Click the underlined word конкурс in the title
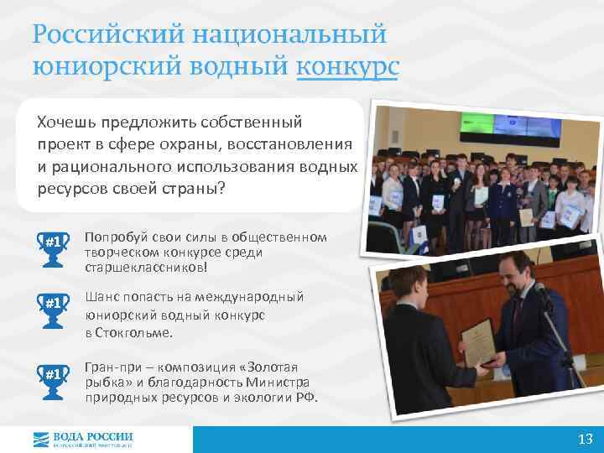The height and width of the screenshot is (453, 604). point(348,66)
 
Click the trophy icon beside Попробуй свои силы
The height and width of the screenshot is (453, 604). point(54,242)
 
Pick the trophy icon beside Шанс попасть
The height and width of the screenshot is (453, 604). point(54,303)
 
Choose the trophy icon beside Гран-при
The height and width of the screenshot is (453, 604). point(54,373)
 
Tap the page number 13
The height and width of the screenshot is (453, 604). point(586,440)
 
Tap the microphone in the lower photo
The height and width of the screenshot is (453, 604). point(539,294)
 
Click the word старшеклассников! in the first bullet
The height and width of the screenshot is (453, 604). point(144,267)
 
